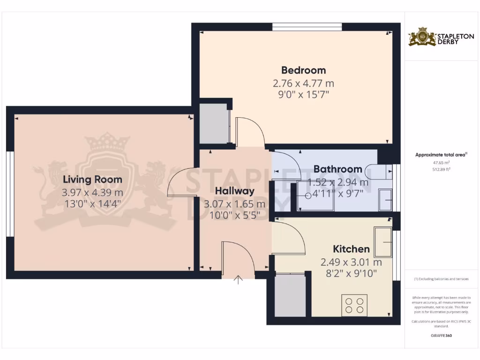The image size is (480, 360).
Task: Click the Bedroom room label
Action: (303, 70)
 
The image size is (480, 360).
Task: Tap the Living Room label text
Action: (92, 179)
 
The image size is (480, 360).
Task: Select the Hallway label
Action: (234, 191)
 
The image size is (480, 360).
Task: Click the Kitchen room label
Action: (351, 249)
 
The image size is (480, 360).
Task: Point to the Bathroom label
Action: (337, 169)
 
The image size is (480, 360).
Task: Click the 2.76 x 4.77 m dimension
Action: (303, 83)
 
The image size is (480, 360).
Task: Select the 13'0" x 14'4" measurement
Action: (92, 204)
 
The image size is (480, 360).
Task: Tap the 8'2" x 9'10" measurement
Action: (351, 273)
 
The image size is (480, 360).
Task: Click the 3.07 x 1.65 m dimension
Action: (234, 204)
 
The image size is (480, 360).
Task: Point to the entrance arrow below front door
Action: (239, 280)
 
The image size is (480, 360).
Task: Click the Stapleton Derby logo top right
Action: (441, 37)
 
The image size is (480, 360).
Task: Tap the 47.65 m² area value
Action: (441, 163)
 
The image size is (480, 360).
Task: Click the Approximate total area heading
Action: (441, 154)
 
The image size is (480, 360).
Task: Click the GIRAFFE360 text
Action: (441, 336)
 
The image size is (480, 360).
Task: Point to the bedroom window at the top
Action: (307, 27)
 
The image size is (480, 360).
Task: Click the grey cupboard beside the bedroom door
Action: (213, 124)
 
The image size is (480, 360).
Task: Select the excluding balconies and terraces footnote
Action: (441, 279)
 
